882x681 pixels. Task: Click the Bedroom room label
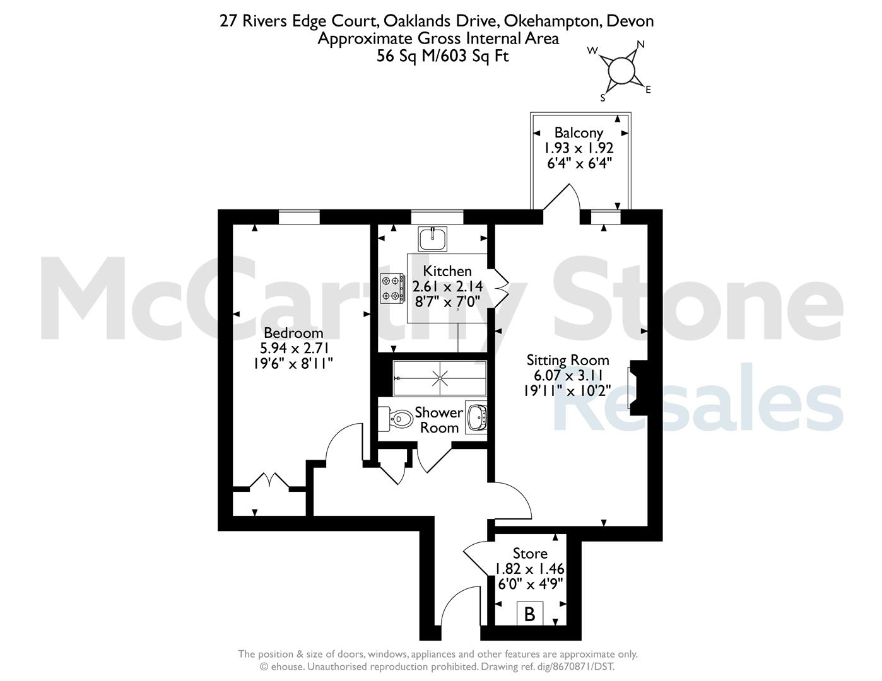coord(293,333)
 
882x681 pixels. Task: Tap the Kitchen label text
coord(447,271)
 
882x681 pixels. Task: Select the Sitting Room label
coord(568,360)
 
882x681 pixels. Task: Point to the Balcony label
coord(579,132)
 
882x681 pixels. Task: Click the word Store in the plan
coord(530,553)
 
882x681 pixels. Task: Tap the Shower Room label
coord(438,420)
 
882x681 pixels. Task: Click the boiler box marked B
coord(530,614)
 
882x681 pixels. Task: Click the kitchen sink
coord(433,239)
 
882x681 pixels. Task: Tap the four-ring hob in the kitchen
coord(392,288)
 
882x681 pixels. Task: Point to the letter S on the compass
coord(603,98)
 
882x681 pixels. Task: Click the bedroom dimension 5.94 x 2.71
coord(293,348)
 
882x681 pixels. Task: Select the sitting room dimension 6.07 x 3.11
coord(568,376)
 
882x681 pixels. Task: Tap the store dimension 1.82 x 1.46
coord(530,569)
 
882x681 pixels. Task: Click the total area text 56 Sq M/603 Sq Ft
coord(442,56)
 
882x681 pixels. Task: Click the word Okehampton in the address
coord(553,21)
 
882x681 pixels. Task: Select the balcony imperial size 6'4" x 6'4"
coord(579,163)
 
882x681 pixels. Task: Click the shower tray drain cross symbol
coord(440,378)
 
